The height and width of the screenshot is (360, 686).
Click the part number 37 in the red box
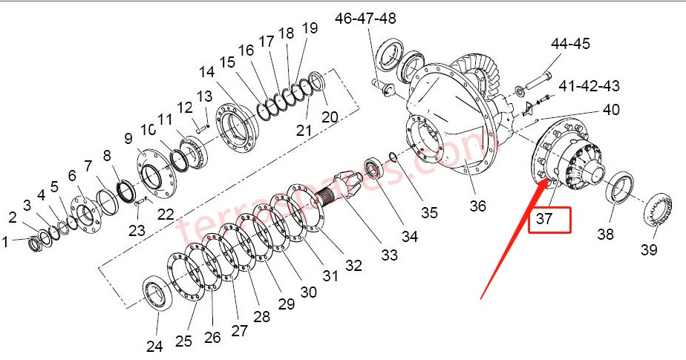click(549, 220)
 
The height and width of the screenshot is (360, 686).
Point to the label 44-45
click(569, 44)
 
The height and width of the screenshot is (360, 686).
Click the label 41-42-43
click(589, 86)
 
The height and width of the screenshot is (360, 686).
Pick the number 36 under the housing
click(477, 205)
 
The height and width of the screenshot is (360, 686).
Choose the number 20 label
click(329, 117)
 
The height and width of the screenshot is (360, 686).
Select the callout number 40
click(610, 111)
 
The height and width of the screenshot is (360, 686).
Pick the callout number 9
click(128, 138)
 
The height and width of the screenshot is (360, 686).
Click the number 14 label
click(206, 72)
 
